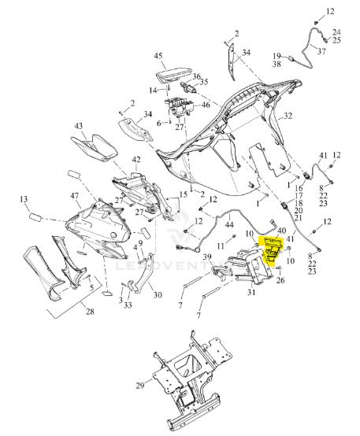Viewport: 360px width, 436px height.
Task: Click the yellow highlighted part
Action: click(272, 249)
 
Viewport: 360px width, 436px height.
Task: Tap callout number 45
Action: click(158, 56)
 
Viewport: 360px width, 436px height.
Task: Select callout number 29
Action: click(140, 386)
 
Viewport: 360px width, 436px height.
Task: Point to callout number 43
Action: click(79, 126)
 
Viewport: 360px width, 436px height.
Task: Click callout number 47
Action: click(74, 195)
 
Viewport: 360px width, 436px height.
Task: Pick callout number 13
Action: click(24, 199)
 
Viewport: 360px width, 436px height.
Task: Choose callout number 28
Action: click(90, 312)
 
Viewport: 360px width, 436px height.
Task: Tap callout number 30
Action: click(158, 294)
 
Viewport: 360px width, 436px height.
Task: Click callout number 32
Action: click(288, 116)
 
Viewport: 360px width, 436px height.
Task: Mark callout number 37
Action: click(321, 51)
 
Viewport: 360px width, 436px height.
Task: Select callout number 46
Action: click(206, 105)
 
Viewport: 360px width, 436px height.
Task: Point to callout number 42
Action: click(136, 160)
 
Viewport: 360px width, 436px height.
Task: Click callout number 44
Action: click(229, 224)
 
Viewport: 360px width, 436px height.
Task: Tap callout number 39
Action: click(207, 257)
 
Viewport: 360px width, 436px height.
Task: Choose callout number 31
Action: click(251, 292)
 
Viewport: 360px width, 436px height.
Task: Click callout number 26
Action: click(280, 280)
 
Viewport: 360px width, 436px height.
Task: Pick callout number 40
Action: click(282, 231)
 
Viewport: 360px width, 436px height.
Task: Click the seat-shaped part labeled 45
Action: click(173, 76)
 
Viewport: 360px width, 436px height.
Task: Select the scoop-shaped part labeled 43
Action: click(94, 147)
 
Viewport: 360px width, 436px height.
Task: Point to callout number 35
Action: click(204, 82)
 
